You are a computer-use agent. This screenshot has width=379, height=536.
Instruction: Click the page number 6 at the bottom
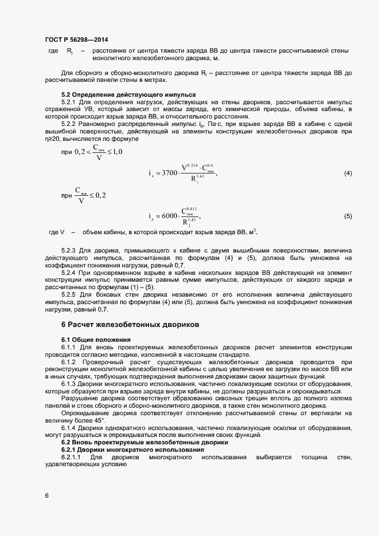pos(47,496)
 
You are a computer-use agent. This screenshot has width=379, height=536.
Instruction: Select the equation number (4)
pos(347,173)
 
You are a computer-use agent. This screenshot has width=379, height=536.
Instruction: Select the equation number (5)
pos(347,216)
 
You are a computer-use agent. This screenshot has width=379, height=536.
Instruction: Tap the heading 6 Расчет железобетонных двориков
pos(130,324)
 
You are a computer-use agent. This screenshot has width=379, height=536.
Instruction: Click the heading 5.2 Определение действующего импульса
pos(128,94)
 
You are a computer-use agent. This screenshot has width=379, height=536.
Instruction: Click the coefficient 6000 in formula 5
pos(170,216)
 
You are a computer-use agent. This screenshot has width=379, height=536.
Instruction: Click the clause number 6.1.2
pos(69,362)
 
